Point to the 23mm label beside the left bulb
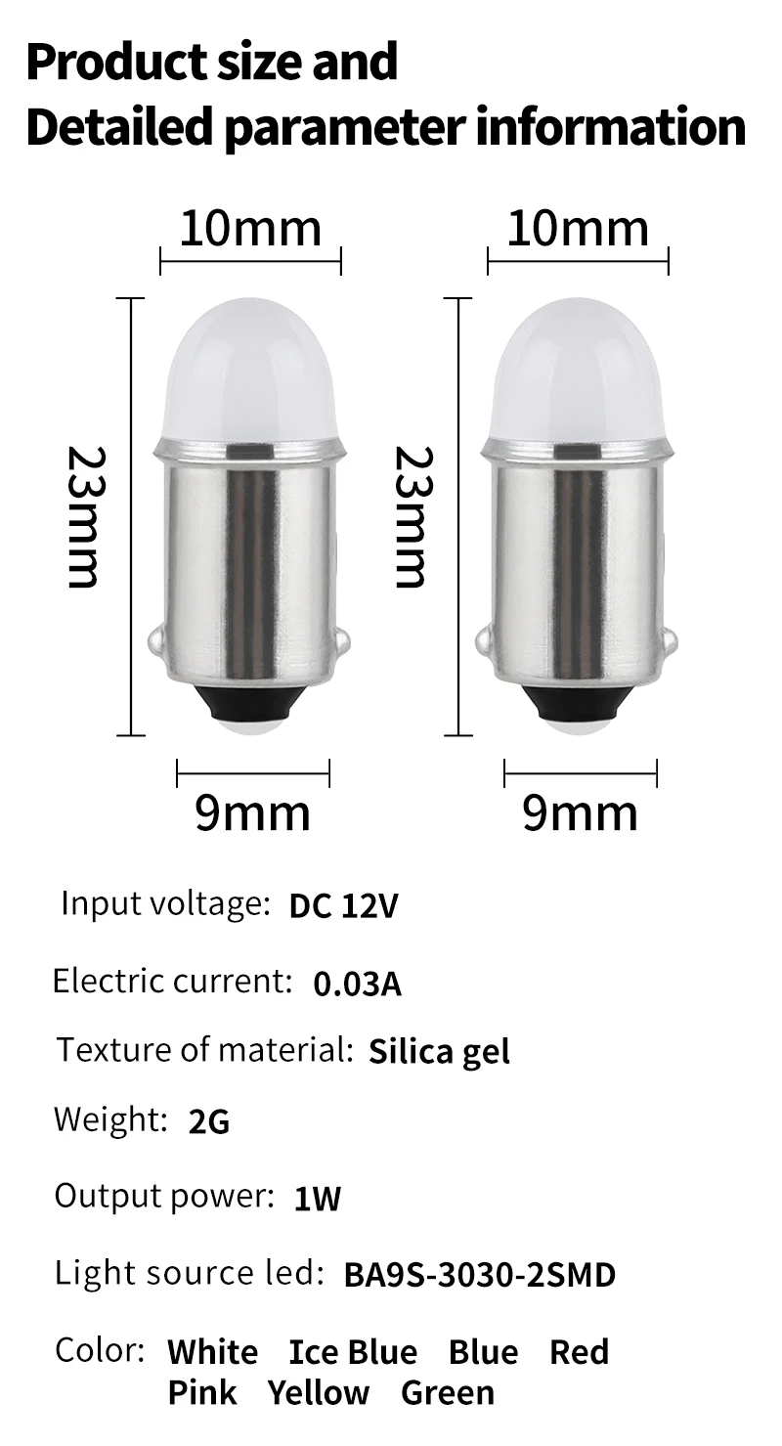click(x=84, y=517)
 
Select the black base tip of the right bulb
click(x=579, y=704)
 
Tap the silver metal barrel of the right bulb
click(x=578, y=561)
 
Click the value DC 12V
click(x=343, y=905)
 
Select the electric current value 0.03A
click(x=358, y=984)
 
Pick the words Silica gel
click(x=440, y=1052)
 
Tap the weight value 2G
click(x=209, y=1121)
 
